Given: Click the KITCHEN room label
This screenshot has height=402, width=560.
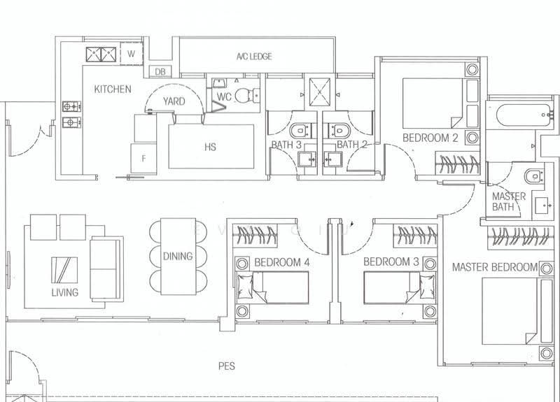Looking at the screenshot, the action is click(113, 89).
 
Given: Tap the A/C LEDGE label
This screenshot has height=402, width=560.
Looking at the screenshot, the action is click(254, 57).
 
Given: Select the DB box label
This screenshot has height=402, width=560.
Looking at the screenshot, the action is click(160, 72).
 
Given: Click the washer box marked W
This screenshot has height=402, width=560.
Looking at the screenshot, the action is click(132, 54).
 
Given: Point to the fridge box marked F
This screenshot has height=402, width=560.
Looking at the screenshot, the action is click(143, 159).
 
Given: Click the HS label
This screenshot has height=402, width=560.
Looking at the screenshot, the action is click(211, 147).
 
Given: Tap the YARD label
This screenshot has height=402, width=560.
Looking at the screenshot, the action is click(174, 101).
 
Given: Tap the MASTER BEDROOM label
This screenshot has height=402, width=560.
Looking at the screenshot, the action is click(495, 267).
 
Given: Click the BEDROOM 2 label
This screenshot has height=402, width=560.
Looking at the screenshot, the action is click(430, 138).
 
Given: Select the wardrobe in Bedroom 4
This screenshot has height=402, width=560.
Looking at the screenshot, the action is click(255, 236).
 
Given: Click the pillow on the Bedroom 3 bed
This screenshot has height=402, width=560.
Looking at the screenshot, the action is click(427, 287).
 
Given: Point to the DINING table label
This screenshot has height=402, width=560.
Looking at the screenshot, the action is click(178, 256).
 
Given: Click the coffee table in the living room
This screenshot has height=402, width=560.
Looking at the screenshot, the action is click(64, 270).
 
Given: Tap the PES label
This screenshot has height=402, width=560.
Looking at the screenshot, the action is click(226, 366).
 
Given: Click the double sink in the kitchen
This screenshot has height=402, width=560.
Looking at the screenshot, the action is click(101, 55).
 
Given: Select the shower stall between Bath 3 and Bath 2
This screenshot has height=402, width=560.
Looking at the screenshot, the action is click(320, 92).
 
